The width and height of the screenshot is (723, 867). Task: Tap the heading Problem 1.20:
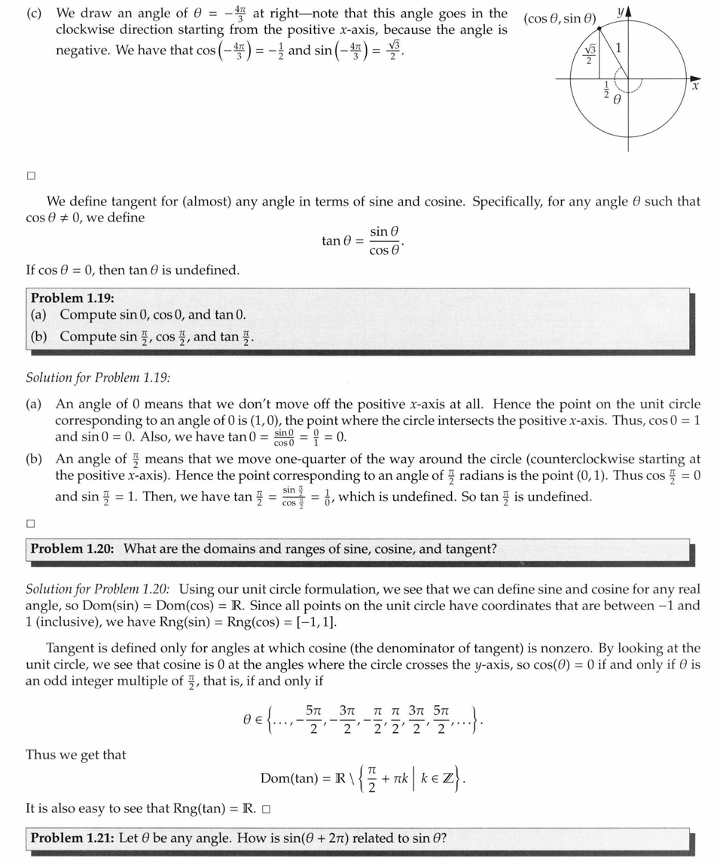click(x=72, y=548)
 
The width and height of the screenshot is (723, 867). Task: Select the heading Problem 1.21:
click(x=72, y=838)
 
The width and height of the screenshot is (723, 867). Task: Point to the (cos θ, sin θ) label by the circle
click(x=560, y=18)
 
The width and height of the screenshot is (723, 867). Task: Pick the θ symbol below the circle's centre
click(x=616, y=99)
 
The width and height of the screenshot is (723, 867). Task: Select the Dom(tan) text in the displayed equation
click(x=288, y=778)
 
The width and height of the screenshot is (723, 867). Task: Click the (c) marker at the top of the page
click(x=34, y=13)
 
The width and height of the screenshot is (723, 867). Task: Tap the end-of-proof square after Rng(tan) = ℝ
click(x=267, y=810)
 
